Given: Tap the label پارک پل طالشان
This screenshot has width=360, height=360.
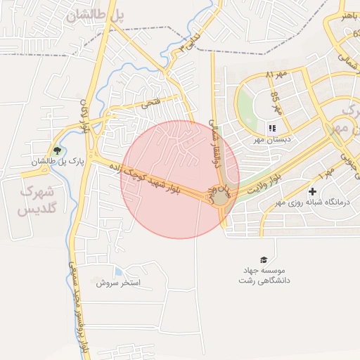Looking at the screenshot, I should tap(57, 162).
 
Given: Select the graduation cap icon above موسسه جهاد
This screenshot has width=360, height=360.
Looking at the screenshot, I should tap(264, 259).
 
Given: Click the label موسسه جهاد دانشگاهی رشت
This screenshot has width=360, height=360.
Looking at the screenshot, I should tap(264, 275).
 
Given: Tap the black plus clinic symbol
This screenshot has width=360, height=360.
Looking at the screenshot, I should tap(313, 191).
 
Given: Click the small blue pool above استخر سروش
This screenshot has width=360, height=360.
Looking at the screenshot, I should tap(117, 271).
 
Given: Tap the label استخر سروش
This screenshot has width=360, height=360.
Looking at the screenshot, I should tap(120, 283).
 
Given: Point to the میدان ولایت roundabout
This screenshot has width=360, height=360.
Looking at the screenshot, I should tap(221, 196).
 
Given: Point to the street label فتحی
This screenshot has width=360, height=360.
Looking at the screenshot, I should tap(150, 103).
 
